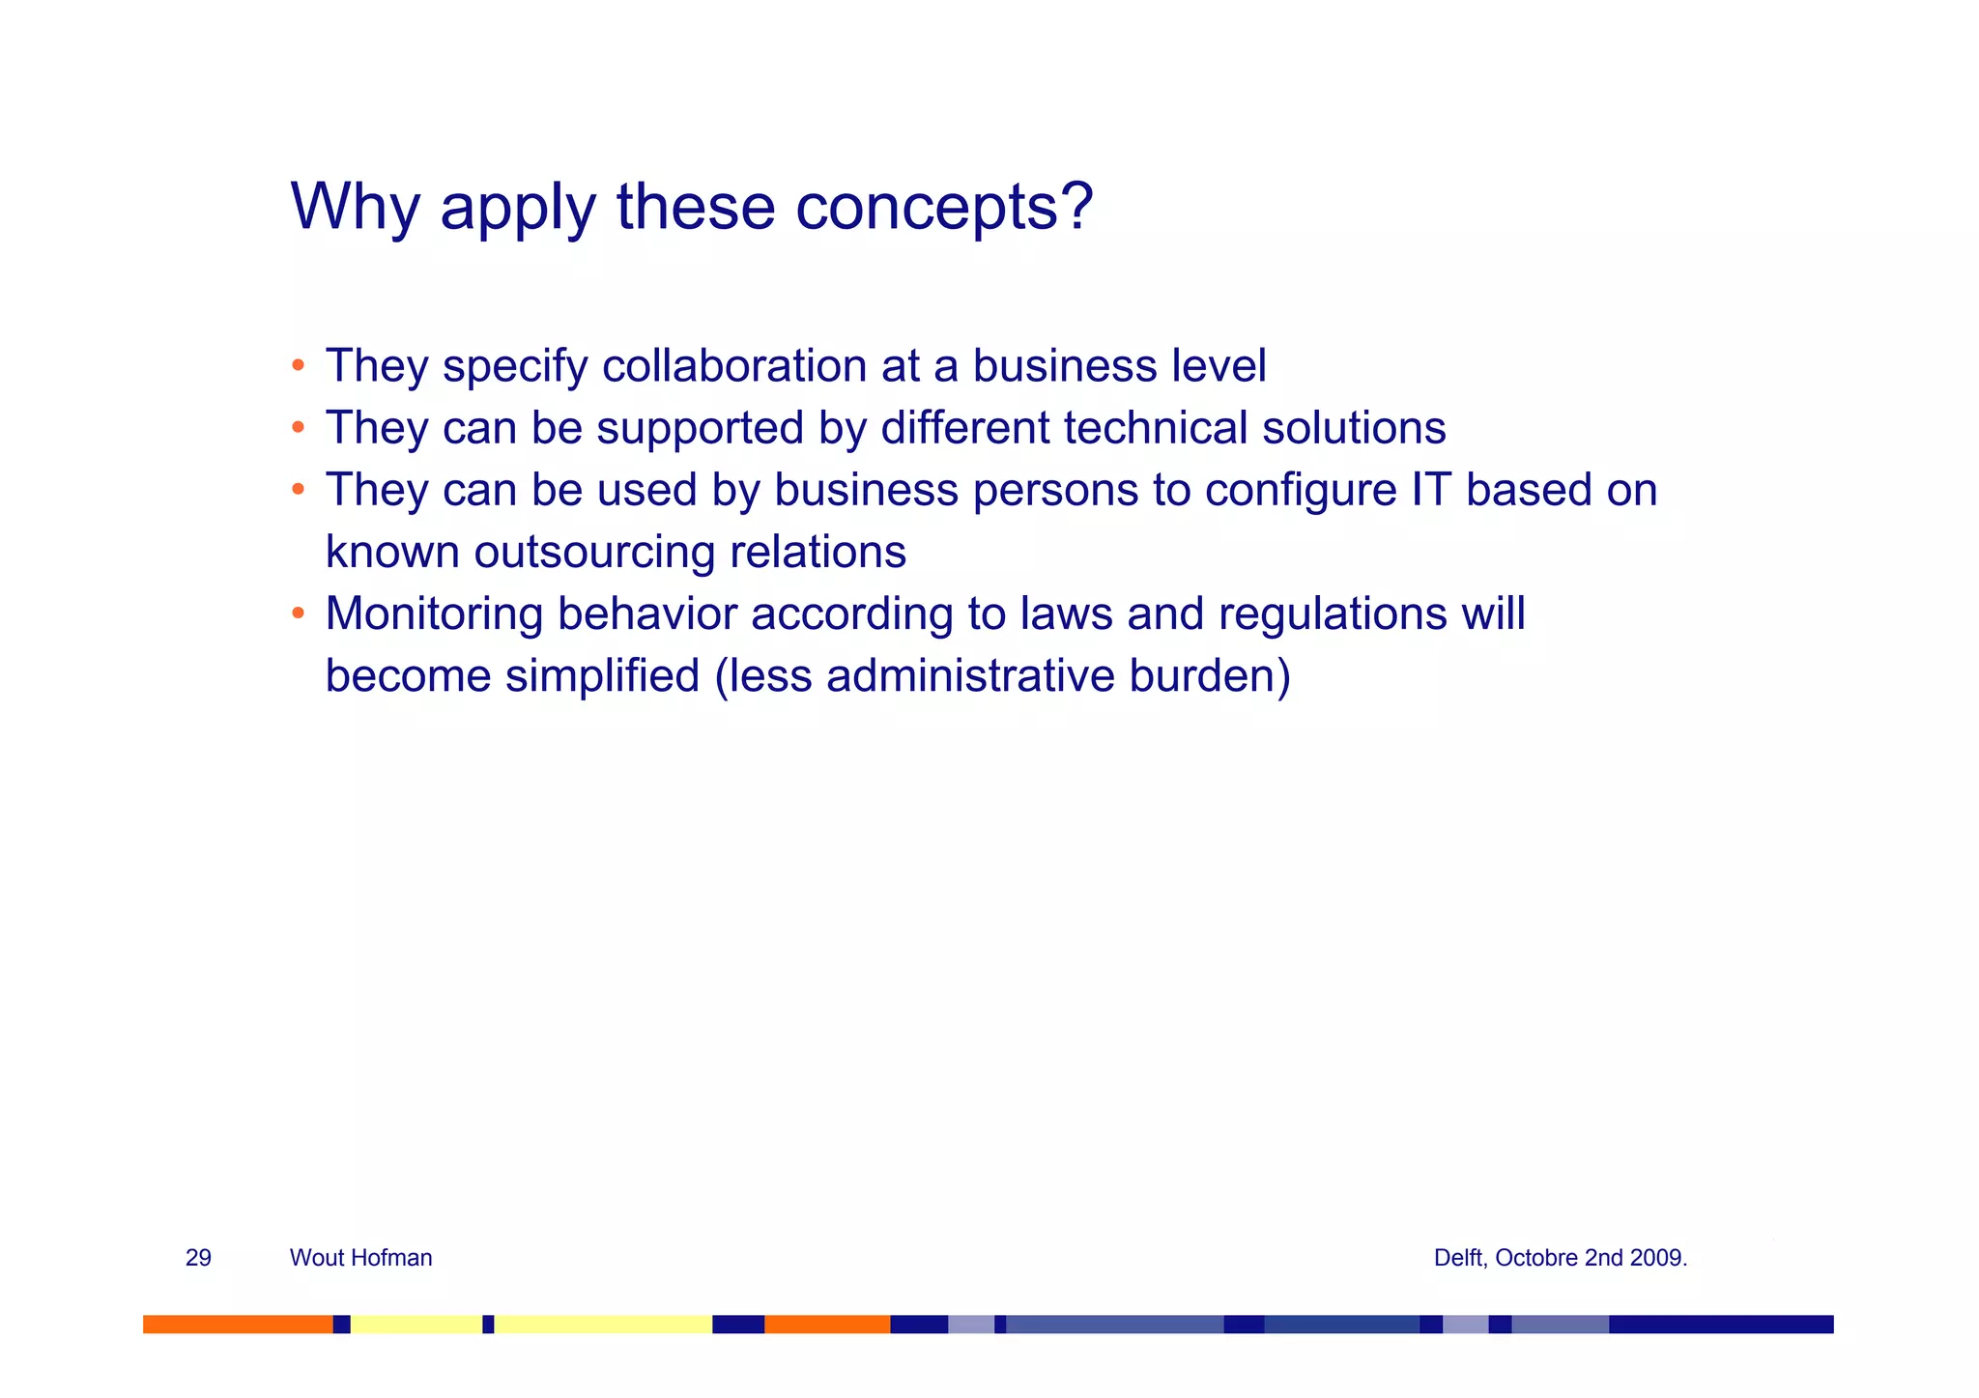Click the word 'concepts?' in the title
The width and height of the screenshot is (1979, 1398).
pyautogui.click(x=944, y=206)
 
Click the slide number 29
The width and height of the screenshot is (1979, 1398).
pyautogui.click(x=198, y=1258)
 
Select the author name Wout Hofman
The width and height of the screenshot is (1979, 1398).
pyautogui.click(x=360, y=1258)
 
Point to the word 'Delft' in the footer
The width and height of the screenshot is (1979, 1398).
pyautogui.click(x=1459, y=1258)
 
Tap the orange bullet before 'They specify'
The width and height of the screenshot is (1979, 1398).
pyautogui.click(x=299, y=366)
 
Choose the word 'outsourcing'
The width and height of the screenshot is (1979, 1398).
pyautogui.click(x=594, y=552)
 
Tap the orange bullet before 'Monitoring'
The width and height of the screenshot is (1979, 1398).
pyautogui.click(x=299, y=613)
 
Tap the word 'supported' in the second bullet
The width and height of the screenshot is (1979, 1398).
pyautogui.click(x=700, y=428)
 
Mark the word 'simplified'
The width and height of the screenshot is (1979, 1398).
pyautogui.click(x=602, y=675)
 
